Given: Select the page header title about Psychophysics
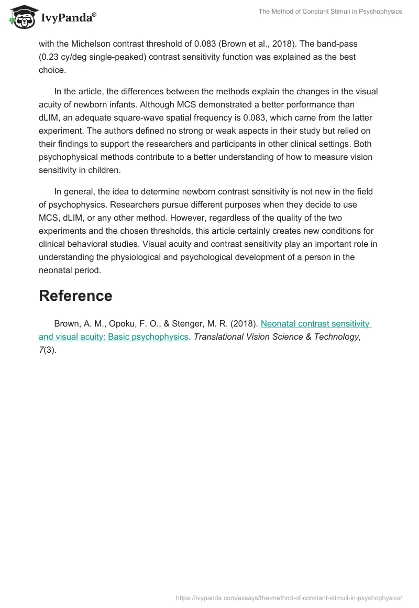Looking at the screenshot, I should click(x=330, y=12).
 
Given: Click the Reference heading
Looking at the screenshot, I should click(x=75, y=296).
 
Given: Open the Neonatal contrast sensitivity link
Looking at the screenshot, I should click(x=315, y=324).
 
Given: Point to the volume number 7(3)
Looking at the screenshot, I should click(x=47, y=350).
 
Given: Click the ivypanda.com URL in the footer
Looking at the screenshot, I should click(x=289, y=598).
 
